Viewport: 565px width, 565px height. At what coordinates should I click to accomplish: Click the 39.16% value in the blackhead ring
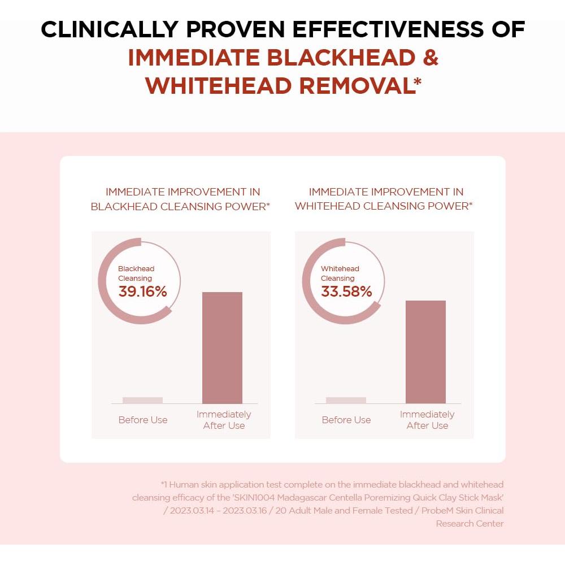[x=142, y=292]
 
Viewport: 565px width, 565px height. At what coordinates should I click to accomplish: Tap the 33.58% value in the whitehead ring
[x=346, y=292]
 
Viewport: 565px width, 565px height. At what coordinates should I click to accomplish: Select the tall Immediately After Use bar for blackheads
[x=222, y=347]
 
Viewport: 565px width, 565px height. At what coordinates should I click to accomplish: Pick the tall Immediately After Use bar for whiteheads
[x=425, y=351]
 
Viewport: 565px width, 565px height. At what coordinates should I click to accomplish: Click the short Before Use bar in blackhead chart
[x=142, y=400]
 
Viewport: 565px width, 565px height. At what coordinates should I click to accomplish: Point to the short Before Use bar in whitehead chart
[x=346, y=400]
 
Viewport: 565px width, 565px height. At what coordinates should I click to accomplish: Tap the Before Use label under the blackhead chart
[x=143, y=420]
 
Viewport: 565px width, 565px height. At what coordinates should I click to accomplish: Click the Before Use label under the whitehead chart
[x=346, y=420]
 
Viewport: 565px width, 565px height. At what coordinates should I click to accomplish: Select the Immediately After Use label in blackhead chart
[x=224, y=420]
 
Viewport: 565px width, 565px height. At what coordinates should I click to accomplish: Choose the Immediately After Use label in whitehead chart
[x=427, y=420]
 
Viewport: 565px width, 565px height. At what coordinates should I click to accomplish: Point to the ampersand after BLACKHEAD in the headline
[x=430, y=58]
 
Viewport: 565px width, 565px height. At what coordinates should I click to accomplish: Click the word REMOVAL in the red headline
[x=356, y=85]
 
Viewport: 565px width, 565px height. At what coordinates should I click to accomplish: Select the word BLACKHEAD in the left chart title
[x=124, y=206]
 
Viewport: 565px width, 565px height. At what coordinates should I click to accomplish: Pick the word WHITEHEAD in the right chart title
[x=327, y=206]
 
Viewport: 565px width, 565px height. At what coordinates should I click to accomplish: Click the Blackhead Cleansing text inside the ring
[x=136, y=273]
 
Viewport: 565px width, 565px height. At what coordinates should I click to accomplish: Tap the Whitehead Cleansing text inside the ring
[x=340, y=273]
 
